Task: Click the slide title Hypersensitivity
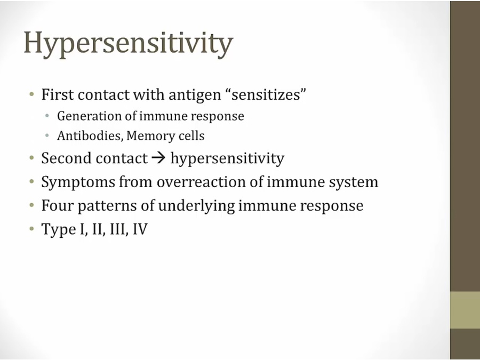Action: click(x=128, y=44)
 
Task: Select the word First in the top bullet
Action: click(x=57, y=94)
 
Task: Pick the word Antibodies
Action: click(x=90, y=135)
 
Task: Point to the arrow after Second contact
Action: click(x=159, y=158)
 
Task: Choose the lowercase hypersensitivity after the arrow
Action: click(x=227, y=159)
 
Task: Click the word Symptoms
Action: click(x=78, y=183)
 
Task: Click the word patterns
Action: click(x=107, y=206)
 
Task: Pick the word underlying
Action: click(x=196, y=206)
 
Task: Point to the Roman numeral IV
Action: click(x=140, y=229)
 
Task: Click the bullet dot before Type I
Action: click(x=31, y=229)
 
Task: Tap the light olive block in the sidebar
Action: click(x=465, y=310)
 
